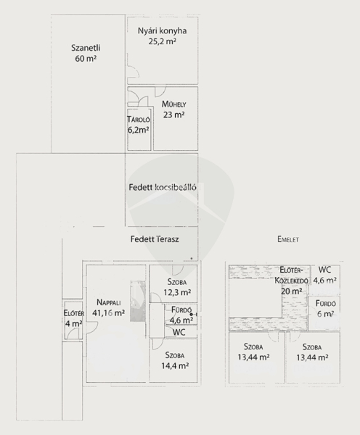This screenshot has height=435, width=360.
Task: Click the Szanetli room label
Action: (86, 48)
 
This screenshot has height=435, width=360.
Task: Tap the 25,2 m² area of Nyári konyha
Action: (163, 41)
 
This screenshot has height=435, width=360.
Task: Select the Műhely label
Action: (174, 104)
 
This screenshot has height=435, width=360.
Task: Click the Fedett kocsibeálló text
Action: (163, 187)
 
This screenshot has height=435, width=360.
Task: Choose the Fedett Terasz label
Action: (155, 239)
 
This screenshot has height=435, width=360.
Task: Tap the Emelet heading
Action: (288, 239)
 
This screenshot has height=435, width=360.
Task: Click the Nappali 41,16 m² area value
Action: (109, 313)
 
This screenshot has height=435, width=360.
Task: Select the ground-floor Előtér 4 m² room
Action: (73, 320)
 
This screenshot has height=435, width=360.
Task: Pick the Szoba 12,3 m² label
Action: (176, 287)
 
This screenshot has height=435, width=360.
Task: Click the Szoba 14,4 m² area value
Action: (175, 365)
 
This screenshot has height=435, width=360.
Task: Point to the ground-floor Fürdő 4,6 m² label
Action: (181, 315)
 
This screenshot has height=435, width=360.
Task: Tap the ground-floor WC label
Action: (179, 332)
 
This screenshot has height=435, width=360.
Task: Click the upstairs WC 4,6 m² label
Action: (324, 275)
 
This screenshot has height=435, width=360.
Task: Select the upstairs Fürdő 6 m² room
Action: (324, 313)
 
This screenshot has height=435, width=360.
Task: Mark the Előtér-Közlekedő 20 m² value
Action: (291, 291)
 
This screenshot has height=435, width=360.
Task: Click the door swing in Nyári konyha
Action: (134, 72)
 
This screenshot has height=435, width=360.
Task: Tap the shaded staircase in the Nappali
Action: (138, 302)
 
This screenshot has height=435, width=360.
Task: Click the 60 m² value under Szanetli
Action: (86, 59)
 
